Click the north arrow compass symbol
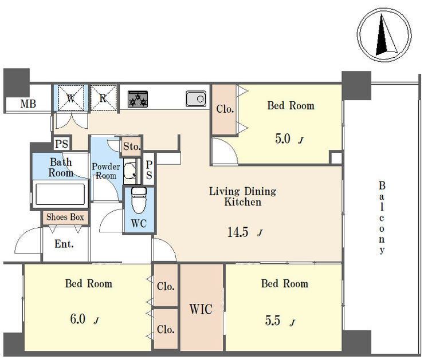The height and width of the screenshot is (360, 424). point(384,35)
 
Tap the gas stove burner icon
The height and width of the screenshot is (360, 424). point(138,99)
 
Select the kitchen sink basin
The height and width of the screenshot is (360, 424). point(196,98)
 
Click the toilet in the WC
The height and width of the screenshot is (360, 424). point(139,200)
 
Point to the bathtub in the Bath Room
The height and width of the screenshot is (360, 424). point(60,194)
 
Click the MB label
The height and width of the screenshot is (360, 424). point(28,104)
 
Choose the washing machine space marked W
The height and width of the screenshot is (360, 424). point(71,98)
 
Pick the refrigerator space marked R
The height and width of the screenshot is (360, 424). point(104,98)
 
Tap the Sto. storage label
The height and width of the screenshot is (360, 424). point(132,147)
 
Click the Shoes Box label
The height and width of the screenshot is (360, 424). point(65,217)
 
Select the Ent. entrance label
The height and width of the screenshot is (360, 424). point(64,244)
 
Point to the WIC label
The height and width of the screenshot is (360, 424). point(201,309)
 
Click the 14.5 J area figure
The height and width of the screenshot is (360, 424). point(245,232)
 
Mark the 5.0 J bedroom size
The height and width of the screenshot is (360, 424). point(289,139)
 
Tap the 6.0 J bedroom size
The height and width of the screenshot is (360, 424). point(84,319)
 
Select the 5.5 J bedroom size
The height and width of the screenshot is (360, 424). point(280,321)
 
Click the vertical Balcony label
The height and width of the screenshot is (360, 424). point(382,217)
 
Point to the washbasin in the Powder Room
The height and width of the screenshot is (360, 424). point(130,171)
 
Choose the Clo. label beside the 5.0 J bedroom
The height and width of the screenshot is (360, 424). point(225,109)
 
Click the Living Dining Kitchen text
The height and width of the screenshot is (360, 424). point(242,197)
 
